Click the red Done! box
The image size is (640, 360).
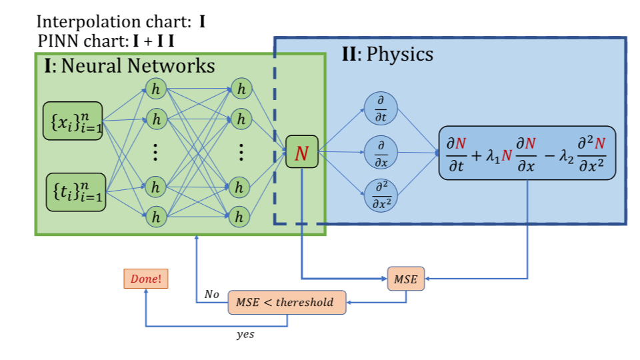pyautogui.click(x=146, y=279)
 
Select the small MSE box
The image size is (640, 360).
pyautogui.click(x=405, y=279)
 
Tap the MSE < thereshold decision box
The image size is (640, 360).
pyautogui.click(x=287, y=302)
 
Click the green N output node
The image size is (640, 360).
pyautogui.click(x=302, y=153)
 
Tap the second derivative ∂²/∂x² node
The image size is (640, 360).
pyautogui.click(x=381, y=195)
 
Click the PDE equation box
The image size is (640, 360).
pyautogui.click(x=527, y=153)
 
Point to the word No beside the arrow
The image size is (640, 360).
pyautogui.click(x=212, y=294)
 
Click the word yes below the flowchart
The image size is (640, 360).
pyautogui.click(x=245, y=335)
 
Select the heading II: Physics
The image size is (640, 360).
pyautogui.click(x=387, y=54)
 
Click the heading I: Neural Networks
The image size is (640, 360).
pyautogui.click(x=129, y=66)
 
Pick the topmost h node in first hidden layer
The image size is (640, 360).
pyautogui.click(x=156, y=88)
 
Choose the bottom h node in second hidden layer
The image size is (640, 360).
pyautogui.click(x=241, y=216)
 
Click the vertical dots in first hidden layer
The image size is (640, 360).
pyautogui.click(x=155, y=153)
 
